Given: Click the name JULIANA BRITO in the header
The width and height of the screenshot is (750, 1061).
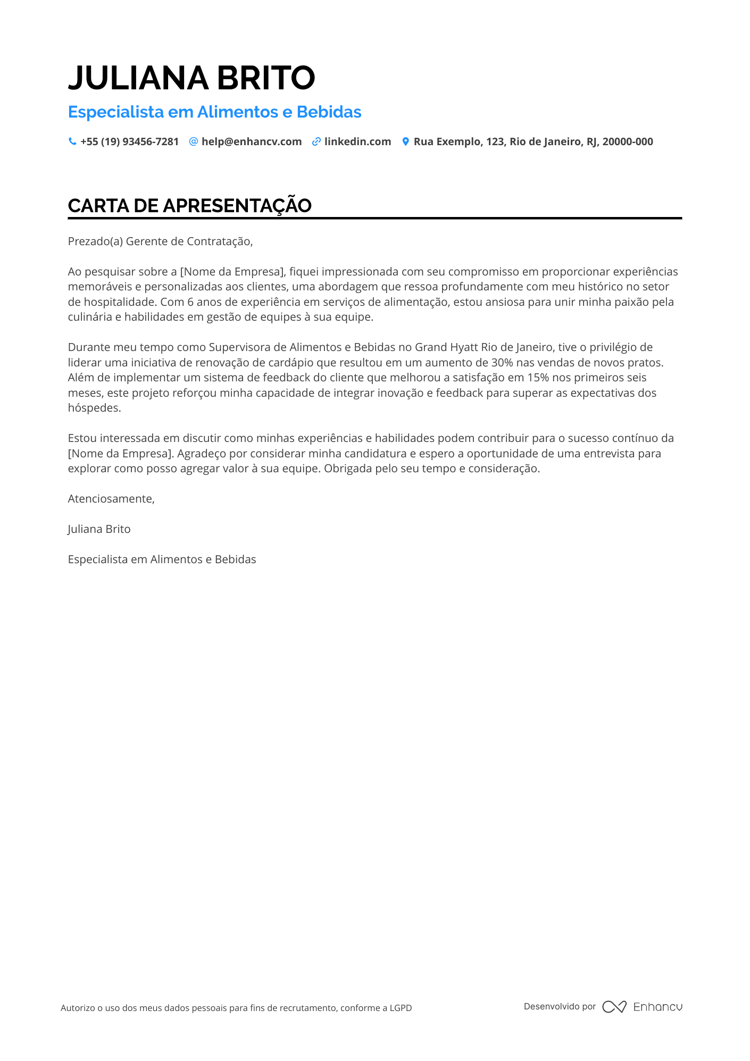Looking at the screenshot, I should coord(191,78).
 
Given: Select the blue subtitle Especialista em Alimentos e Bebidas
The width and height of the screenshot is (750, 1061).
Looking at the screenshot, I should coord(214,112).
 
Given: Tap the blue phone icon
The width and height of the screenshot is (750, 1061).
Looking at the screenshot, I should coord(72,141).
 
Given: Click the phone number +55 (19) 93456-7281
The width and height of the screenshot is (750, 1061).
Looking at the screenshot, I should coord(129,142).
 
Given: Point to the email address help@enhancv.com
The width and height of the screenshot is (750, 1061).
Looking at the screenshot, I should coord(252,142).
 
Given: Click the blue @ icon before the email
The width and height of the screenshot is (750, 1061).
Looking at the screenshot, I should coord(194,141).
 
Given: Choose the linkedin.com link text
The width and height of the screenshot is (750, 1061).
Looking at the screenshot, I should coord(357,142).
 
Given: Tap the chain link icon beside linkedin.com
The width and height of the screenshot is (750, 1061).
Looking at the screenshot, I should coord(316,142).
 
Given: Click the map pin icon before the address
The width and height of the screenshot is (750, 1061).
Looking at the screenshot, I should coord(405,142).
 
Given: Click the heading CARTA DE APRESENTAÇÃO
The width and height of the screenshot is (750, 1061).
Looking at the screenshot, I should coord(189,206).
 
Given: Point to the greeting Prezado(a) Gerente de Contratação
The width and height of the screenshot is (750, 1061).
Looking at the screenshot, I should coord(160,241).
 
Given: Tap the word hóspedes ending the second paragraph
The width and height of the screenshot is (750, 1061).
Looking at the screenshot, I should coord(94,408).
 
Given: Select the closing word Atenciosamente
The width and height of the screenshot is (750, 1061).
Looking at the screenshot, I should coord(111,499).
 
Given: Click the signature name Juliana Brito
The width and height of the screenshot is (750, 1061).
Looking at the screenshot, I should coord(99,529).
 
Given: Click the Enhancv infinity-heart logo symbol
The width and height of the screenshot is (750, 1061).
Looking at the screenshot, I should coord(614,1007).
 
